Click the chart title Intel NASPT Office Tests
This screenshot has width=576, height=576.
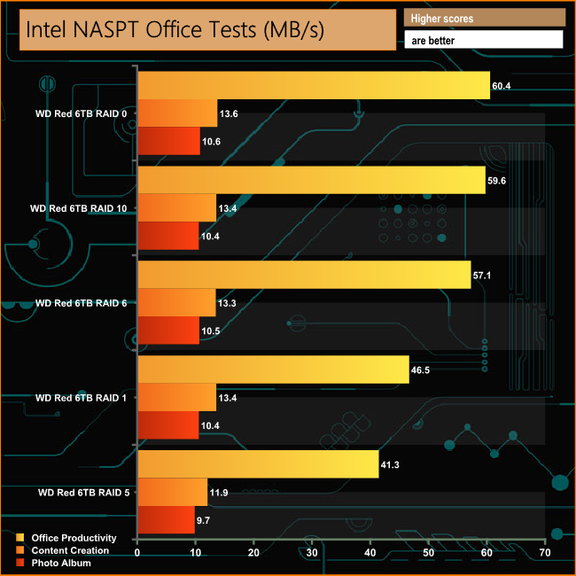coord(175,29)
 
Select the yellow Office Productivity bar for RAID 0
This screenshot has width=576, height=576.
coord(314,85)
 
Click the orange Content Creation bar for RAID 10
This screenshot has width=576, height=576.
coord(177,208)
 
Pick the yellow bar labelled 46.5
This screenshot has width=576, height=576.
coord(273,370)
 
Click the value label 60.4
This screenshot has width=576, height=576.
coord(502,86)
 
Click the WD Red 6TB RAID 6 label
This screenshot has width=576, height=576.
coord(81,303)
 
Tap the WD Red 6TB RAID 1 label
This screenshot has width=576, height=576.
coord(81,398)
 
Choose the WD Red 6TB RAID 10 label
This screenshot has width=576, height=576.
coord(78,208)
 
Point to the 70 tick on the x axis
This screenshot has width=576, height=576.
coord(545,553)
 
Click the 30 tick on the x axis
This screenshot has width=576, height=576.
coord(312,553)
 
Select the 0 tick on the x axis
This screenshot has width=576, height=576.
coord(137,553)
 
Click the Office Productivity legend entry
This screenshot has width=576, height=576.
coord(73,538)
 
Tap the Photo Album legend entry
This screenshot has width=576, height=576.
coord(61,563)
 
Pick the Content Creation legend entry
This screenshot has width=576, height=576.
coord(69,550)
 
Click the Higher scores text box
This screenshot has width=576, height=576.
coord(484,18)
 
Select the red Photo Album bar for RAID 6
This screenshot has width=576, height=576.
coord(168,331)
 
